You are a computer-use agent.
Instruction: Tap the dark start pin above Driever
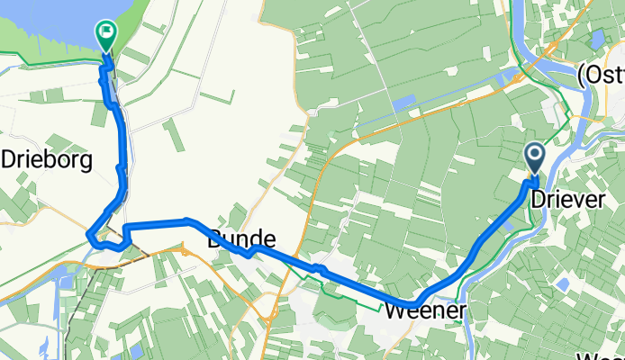click(534, 157)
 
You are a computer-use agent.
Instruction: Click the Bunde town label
click(240, 240)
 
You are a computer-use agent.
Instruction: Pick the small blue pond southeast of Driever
click(563, 284)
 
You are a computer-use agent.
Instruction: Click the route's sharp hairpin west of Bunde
click(91, 237)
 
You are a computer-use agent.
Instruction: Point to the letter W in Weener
click(394, 312)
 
